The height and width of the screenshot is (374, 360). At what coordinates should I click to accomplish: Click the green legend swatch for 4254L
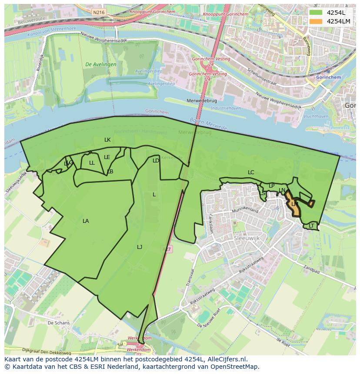click(316, 13)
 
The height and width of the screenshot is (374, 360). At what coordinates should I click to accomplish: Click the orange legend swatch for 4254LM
click(316, 21)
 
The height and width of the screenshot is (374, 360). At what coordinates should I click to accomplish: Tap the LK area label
click(107, 140)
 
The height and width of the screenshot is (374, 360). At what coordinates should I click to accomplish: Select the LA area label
click(86, 221)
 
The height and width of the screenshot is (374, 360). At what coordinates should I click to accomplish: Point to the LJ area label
click(140, 247)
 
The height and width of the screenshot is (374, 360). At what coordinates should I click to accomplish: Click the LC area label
click(251, 172)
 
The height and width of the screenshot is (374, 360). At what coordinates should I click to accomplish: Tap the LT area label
click(311, 226)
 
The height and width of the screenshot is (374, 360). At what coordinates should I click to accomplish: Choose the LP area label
click(272, 186)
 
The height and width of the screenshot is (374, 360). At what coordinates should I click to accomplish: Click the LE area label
click(107, 157)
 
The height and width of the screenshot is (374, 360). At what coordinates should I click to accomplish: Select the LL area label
click(92, 163)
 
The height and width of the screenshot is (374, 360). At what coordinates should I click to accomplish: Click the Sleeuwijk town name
click(247, 239)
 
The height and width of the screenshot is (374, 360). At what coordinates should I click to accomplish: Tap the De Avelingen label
click(101, 64)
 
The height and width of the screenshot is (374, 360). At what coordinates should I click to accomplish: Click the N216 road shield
click(99, 13)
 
